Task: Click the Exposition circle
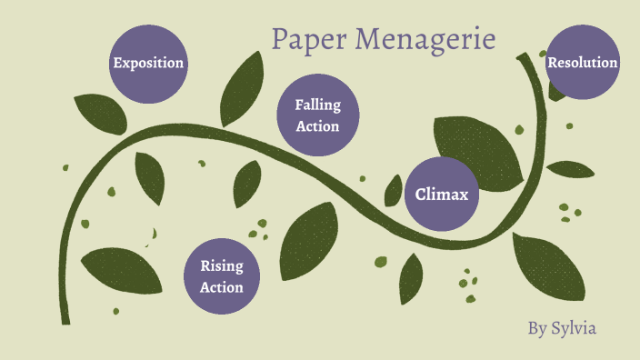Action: [148, 63]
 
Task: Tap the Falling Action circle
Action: [317, 115]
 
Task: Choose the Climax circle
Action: [441, 194]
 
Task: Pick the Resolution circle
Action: [583, 63]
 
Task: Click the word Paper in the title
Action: [310, 39]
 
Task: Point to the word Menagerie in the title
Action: [425, 39]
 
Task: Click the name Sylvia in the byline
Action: [574, 327]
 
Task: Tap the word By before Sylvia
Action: [537, 327]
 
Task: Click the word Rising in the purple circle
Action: [222, 266]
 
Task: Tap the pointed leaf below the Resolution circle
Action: [570, 169]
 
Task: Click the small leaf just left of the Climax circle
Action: [393, 190]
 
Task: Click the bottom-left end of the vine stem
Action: [65, 318]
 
